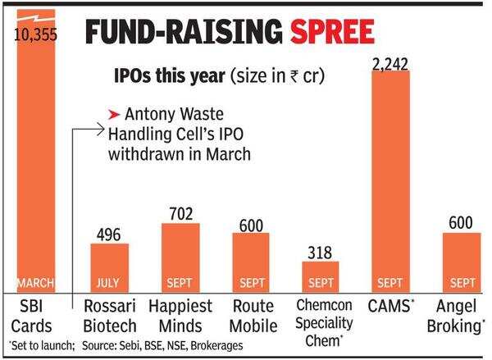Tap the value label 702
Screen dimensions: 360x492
pos(180,214)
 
